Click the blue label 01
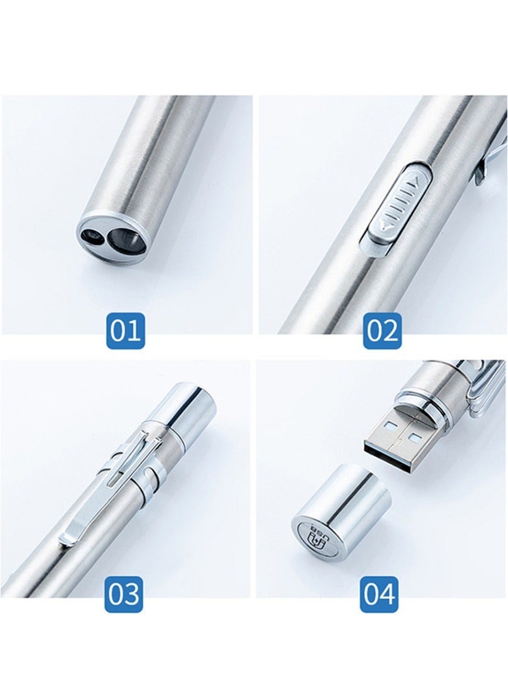point(125,331)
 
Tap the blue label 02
point(382,331)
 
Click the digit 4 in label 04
point(388,594)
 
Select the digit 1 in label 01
point(134,331)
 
